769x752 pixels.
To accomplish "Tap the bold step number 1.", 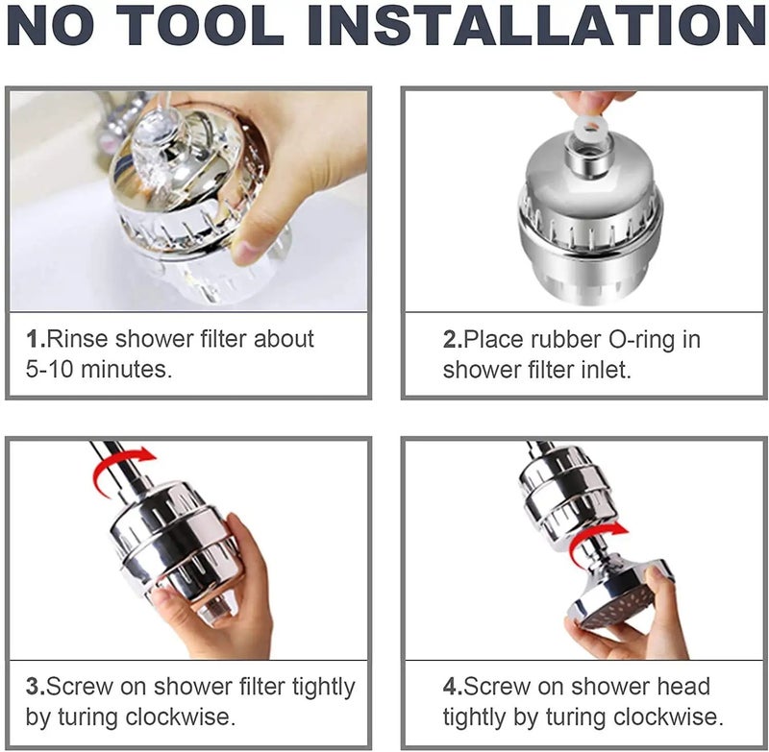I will (x=35, y=339).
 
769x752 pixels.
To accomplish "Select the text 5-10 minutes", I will (x=99, y=370).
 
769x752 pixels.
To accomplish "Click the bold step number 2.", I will (x=452, y=339).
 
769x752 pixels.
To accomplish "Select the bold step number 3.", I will (x=35, y=687).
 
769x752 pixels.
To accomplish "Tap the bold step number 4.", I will (x=452, y=687).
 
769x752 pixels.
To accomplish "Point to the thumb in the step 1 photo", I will (x=252, y=238).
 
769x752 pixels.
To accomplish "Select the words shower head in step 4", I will (x=634, y=687).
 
